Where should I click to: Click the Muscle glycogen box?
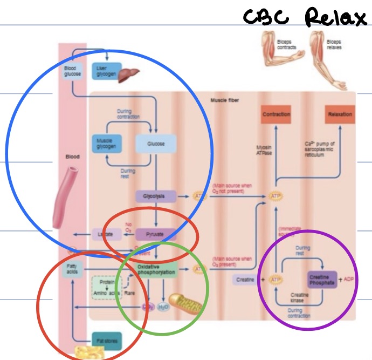109,144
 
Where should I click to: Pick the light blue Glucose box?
156,144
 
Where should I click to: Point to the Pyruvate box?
156,234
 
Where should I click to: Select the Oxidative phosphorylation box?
156,269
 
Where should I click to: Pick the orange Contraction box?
277,114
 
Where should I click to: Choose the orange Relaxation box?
340,114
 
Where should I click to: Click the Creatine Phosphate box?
322,280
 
